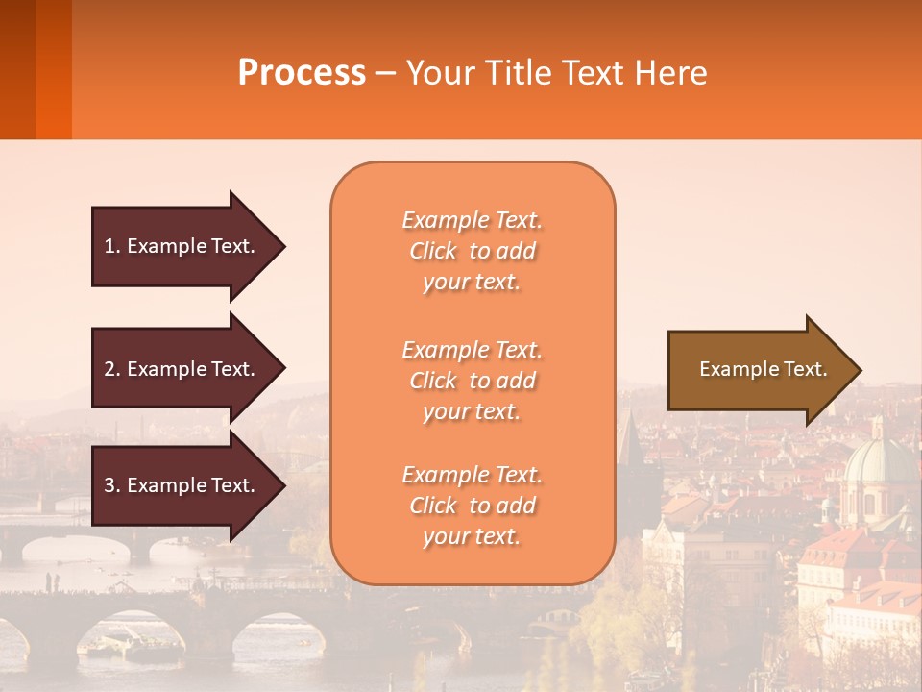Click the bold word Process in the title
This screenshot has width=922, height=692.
(x=302, y=72)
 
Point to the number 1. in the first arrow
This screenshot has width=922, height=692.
(x=111, y=246)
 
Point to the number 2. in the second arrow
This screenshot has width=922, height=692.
(x=111, y=369)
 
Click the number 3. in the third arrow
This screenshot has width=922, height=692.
(x=111, y=485)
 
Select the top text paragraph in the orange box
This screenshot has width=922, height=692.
(x=472, y=251)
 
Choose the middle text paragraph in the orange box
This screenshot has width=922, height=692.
(x=472, y=380)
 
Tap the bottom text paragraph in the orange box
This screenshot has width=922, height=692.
(x=472, y=506)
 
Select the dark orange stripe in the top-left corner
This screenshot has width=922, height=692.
(x=53, y=69)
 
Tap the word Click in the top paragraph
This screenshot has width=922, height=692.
(x=433, y=251)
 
